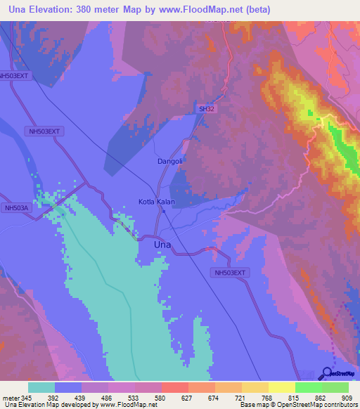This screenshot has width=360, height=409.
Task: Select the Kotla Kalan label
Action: click(x=156, y=202)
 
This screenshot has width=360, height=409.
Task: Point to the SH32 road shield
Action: click(x=206, y=109)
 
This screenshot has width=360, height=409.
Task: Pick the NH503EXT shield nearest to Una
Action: click(x=230, y=272)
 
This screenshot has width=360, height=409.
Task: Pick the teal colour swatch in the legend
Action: click(x=41, y=387)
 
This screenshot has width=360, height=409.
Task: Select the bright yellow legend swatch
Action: click(x=282, y=387)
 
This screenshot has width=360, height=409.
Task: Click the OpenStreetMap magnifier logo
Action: click(x=327, y=372)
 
